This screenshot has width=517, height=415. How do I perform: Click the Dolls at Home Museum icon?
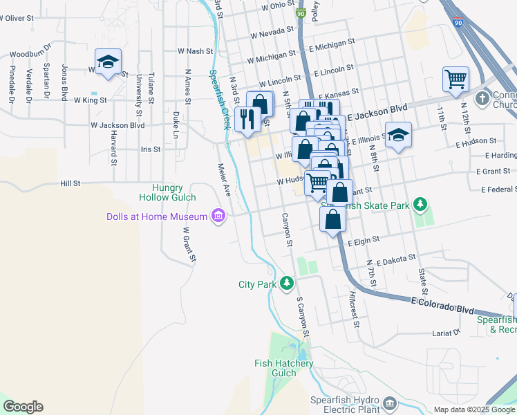point(219,216)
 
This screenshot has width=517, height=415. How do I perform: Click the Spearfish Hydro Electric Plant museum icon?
point(390,403)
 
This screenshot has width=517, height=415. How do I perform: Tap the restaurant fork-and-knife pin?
point(247,119)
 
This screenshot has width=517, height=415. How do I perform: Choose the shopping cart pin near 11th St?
point(455,80)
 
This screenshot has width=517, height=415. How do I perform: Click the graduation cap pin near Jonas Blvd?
point(108,64)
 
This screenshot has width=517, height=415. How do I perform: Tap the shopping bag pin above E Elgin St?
point(333,220)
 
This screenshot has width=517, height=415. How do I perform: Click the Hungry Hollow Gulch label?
point(169,193)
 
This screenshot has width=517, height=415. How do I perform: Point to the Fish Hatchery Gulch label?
point(284,368)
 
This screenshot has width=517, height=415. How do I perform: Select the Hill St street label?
point(70,183)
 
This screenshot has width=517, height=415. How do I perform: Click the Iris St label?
point(150,149)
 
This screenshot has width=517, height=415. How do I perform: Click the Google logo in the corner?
point(23,407)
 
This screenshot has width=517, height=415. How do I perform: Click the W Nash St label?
point(194,50)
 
